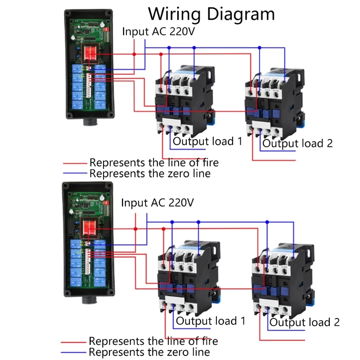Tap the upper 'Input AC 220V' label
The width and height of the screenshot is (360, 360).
pyautogui.click(x=160, y=32)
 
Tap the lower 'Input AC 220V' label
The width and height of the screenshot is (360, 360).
pyautogui.click(x=157, y=202)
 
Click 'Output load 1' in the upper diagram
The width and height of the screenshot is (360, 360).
pyautogui.click(x=208, y=141)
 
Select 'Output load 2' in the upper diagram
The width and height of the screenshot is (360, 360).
pyautogui.click(x=297, y=144)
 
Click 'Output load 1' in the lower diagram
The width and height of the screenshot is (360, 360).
pyautogui.click(x=211, y=321)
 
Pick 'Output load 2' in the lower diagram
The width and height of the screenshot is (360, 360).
pyautogui.click(x=304, y=322)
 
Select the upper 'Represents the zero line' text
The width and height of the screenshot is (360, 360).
pyautogui.click(x=150, y=173)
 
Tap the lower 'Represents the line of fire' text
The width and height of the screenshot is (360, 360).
pyautogui.click(x=153, y=342)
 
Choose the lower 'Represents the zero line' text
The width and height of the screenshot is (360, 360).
pyautogui.click(x=149, y=352)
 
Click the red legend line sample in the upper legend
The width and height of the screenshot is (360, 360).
pyautogui.click(x=75, y=163)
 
